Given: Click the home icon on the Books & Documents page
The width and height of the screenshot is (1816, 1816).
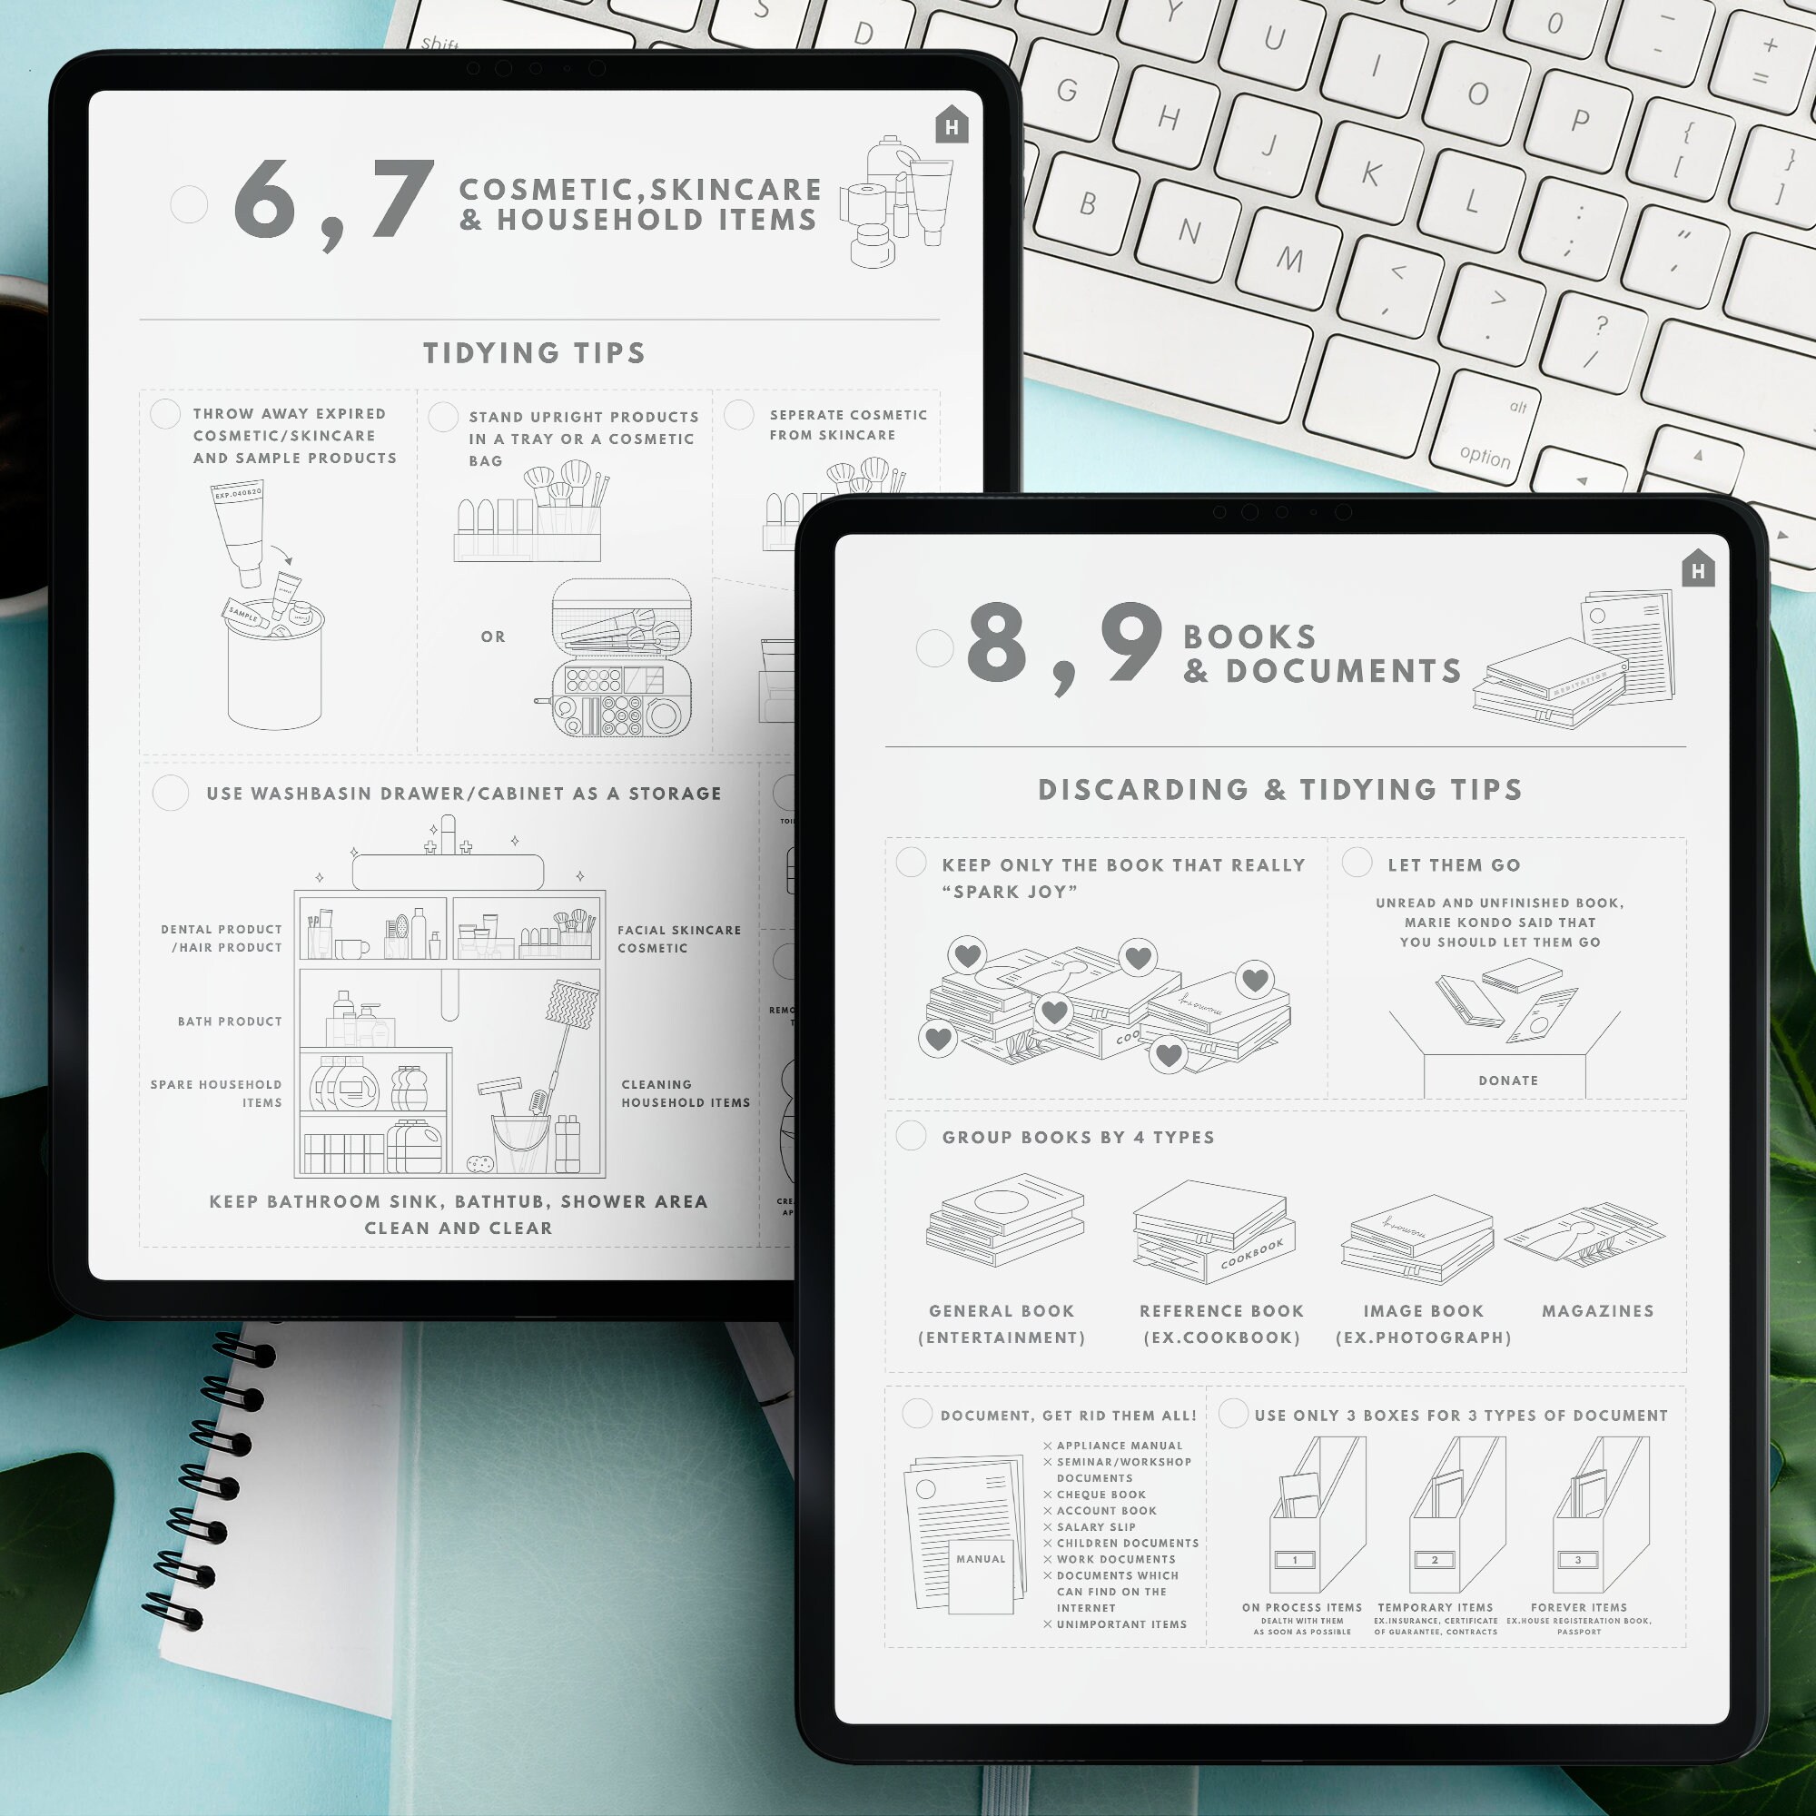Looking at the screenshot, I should pos(1698,568).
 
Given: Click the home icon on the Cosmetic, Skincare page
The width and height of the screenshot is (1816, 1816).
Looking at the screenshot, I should pos(952,125).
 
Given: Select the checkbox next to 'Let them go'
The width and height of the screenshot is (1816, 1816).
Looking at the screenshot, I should pos(1357,862).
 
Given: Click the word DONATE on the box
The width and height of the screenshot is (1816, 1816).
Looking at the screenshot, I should pos(1507,1081).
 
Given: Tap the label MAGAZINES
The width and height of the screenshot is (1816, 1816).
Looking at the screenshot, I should pos(1597,1310).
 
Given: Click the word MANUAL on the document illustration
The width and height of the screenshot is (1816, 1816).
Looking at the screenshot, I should pos(981,1558).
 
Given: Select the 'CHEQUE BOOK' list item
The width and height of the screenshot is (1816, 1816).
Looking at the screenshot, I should pos(1100,1495).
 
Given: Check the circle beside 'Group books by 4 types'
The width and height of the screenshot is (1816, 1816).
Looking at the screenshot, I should pos(911,1136).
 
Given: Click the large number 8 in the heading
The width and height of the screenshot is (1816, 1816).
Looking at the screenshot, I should pos(996,643).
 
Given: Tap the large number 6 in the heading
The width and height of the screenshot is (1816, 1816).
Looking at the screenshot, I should pos(264,199).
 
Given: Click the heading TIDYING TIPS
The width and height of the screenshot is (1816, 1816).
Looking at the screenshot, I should pos(534,353).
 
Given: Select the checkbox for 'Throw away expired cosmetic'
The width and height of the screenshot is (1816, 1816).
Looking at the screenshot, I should pos(165,413).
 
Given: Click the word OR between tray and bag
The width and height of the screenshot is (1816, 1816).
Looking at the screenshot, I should pos(492,637).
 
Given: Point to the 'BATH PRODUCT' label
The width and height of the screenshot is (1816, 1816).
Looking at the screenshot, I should pos(230,1021).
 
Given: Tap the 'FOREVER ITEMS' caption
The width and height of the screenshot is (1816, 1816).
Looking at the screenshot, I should pos(1578,1607).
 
